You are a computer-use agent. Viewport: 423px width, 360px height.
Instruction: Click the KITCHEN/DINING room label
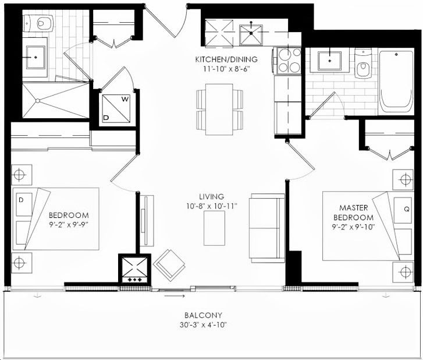(x=226, y=59)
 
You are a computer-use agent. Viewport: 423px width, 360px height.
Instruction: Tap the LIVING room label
(x=212, y=196)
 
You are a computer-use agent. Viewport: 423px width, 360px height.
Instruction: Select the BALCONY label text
(x=204, y=315)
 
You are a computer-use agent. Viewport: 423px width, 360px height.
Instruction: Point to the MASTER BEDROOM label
(x=353, y=213)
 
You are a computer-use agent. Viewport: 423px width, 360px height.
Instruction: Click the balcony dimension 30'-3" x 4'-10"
(x=204, y=324)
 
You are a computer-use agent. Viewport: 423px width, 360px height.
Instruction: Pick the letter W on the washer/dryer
(x=125, y=99)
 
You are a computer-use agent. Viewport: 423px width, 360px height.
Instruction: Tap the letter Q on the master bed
(x=407, y=209)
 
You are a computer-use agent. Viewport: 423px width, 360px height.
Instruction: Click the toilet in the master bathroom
(x=363, y=63)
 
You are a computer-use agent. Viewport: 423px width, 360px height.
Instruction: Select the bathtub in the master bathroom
(x=396, y=82)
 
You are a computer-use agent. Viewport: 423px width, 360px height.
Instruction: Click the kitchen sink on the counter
(x=251, y=35)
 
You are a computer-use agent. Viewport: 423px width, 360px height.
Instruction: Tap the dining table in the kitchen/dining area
(x=219, y=110)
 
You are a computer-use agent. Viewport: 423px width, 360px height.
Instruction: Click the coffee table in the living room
(x=214, y=228)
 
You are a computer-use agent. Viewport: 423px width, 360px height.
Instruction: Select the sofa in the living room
(x=267, y=228)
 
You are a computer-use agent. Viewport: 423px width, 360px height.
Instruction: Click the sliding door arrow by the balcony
(x=175, y=297)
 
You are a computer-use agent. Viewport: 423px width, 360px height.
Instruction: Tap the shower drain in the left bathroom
(x=38, y=101)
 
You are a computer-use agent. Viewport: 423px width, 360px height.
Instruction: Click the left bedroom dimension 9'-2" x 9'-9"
(x=69, y=225)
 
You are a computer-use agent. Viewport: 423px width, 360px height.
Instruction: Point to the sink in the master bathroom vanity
(x=330, y=61)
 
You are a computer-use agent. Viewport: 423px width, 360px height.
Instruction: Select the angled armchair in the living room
(x=169, y=266)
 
